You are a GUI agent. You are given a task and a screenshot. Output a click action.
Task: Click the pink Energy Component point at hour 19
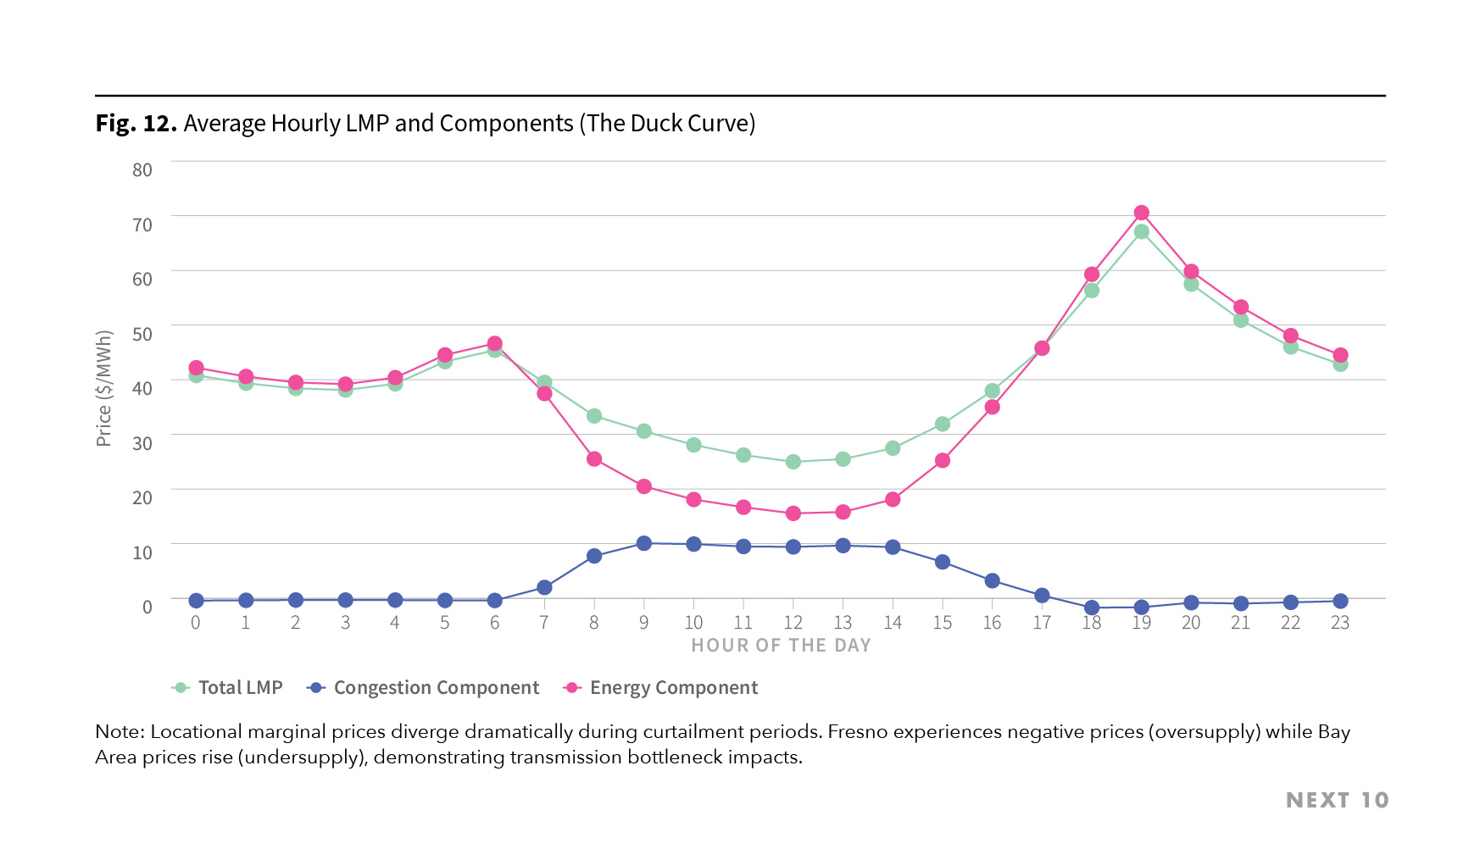point(1141,213)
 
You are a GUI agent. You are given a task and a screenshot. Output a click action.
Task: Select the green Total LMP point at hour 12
point(793,462)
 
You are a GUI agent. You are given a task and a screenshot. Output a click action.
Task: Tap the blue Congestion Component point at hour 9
point(643,543)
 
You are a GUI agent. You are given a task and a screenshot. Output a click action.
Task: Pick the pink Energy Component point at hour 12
point(793,513)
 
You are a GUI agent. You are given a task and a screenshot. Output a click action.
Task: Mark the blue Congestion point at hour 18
point(1092,608)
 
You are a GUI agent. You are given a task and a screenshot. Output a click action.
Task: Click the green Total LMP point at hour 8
point(594,416)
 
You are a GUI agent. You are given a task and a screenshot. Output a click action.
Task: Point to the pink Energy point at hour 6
point(494,344)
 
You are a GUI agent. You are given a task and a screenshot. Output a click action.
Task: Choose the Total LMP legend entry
point(239,688)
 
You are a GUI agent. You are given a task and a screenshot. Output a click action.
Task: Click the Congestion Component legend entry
point(436,688)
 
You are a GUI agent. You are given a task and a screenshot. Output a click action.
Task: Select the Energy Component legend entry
point(673,688)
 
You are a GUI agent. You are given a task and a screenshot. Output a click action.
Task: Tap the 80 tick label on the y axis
point(142,169)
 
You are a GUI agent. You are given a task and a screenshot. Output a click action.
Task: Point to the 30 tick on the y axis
point(142,443)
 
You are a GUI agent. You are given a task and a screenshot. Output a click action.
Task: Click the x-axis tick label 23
point(1339,623)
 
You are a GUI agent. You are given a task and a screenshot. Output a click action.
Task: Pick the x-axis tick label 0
point(196,623)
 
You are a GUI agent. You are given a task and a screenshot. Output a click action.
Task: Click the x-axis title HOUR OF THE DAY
point(781,646)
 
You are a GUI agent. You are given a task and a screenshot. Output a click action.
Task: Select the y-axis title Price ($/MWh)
point(104,388)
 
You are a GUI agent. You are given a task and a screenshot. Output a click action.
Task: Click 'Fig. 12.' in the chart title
point(136,124)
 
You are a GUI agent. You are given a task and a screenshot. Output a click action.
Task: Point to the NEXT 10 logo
point(1337,801)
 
